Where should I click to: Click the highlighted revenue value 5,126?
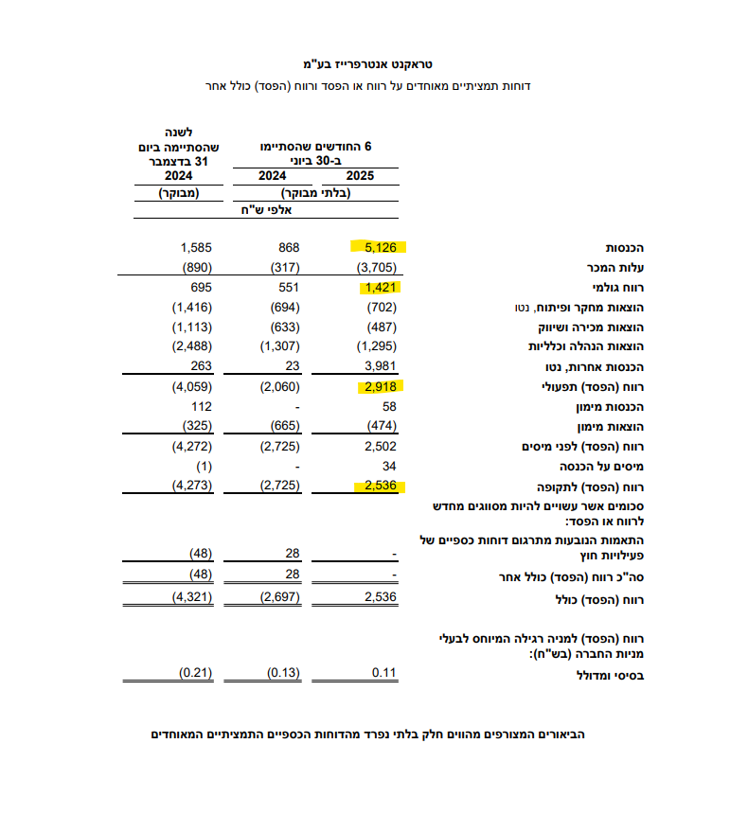380,248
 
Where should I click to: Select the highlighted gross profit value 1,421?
380,287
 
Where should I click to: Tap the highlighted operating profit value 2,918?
380,386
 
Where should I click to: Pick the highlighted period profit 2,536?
380,486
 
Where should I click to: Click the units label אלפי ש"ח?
269,211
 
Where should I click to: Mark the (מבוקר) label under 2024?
177,193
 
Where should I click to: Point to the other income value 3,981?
380,366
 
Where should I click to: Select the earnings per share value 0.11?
383,674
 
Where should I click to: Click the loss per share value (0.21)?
193,674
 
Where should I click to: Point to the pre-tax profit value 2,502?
380,446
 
